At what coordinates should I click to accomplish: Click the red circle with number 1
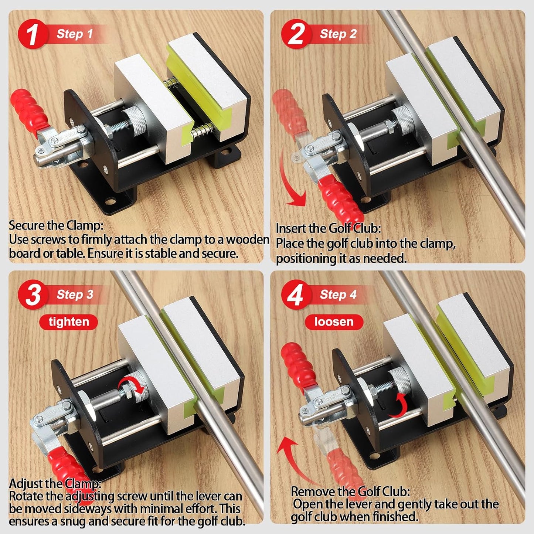coord(33,34)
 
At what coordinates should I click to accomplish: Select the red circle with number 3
coord(33,295)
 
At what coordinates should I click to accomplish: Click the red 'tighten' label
coord(69,322)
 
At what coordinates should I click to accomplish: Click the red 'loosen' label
coord(334,322)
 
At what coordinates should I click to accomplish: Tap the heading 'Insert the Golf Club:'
coord(328,229)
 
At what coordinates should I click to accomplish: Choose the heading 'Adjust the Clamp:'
coord(55,483)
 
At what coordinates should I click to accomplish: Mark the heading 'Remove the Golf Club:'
coord(350,492)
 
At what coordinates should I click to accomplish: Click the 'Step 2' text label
coord(338,34)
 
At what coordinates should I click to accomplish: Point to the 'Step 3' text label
coord(75,295)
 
